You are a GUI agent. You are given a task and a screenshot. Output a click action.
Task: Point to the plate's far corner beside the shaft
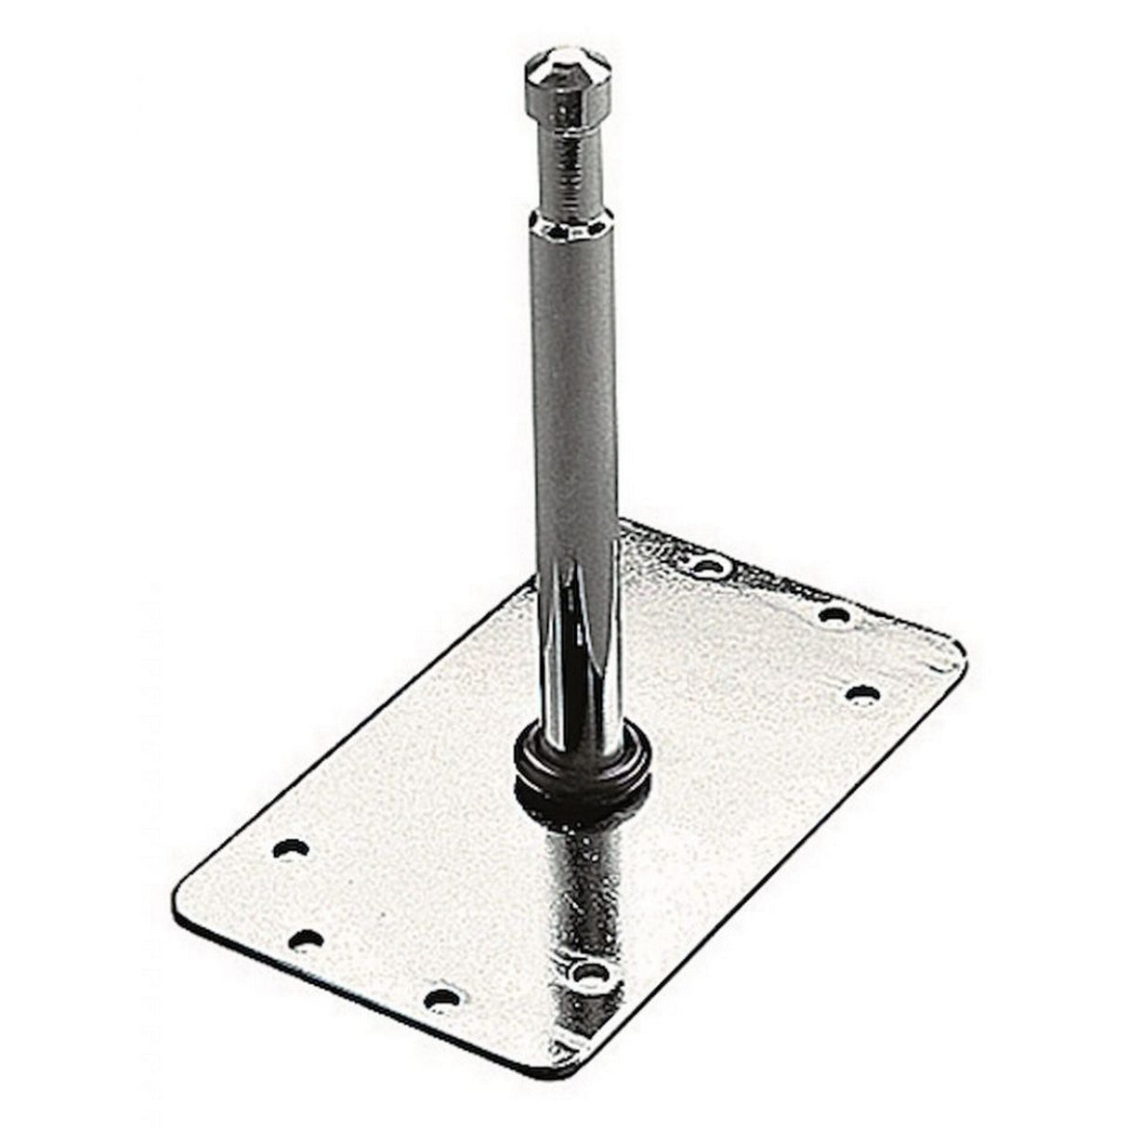point(641,527)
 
